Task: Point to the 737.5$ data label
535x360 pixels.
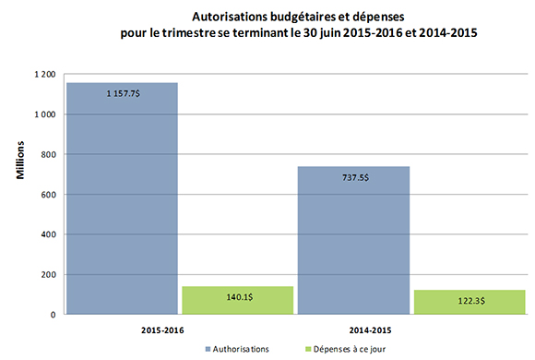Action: click(x=352, y=177)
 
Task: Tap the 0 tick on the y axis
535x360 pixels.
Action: click(x=53, y=315)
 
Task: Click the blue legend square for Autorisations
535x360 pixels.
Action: click(x=209, y=349)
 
